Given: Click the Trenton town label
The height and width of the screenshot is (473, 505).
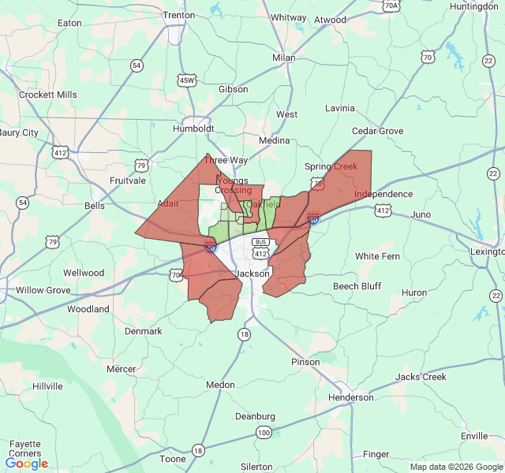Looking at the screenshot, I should coord(178,15).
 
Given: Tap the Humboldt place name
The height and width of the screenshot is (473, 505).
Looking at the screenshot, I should coord(193,128).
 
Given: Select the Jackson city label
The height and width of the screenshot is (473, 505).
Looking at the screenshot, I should coord(253,274).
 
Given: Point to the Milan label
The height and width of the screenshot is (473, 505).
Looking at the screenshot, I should coord(283,58).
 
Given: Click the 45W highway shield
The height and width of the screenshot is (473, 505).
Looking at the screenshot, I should coord(186,80).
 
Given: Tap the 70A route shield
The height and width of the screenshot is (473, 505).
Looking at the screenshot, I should coord(391,6).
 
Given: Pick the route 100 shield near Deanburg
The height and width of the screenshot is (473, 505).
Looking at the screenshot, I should coord(264,433).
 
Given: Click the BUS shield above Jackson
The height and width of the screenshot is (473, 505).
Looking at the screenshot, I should coord(260,241).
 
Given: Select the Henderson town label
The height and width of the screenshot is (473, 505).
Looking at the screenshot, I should coord(350,397).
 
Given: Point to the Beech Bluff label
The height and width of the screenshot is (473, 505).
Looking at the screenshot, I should coord(357,286).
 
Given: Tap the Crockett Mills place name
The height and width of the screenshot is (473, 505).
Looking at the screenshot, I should coord(48,95).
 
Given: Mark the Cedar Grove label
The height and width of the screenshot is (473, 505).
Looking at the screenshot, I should coord(377,131).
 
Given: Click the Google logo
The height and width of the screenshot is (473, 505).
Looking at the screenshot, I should coord(27,463).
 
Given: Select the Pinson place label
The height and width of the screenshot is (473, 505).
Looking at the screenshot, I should coord(305,362).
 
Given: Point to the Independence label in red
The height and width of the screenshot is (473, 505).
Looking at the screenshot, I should coord(383,194).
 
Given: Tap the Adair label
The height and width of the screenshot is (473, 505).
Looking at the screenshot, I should coord(168,203).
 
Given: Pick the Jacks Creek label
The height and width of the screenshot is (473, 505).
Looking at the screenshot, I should coord(421,377).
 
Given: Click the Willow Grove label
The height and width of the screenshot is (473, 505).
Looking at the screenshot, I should coord(43,290).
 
